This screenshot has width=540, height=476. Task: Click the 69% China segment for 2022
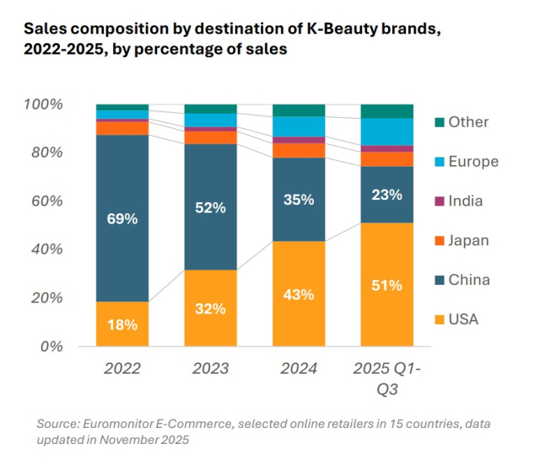coord(122,217)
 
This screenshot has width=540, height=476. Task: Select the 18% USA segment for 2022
coord(122,324)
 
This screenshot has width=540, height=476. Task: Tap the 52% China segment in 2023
coord(211,207)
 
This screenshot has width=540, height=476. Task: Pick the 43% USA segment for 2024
coord(299,294)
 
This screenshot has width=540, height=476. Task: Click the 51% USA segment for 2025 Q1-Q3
coord(387,285)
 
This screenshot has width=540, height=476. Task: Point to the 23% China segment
coord(387,194)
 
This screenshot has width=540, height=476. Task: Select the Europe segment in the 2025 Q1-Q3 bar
coord(387,131)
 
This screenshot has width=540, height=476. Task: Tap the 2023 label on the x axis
coord(211,369)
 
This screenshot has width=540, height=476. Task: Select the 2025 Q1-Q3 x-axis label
coord(387,379)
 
